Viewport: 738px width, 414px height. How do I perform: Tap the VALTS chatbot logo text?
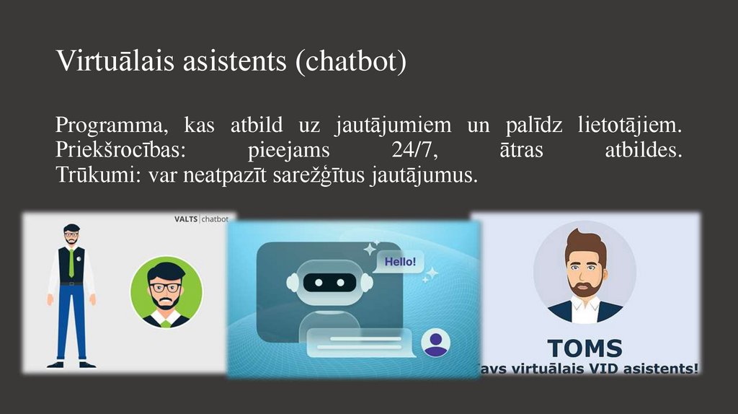202,219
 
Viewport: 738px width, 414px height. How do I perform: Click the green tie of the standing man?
71,263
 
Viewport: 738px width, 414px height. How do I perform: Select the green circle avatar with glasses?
166,292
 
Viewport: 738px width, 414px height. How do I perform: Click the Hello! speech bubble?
399,262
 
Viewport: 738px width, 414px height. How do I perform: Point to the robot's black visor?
329,282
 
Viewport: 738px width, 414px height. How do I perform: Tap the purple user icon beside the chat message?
435,343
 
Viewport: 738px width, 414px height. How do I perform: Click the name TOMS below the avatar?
584,348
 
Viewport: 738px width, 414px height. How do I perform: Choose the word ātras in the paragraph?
521,151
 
